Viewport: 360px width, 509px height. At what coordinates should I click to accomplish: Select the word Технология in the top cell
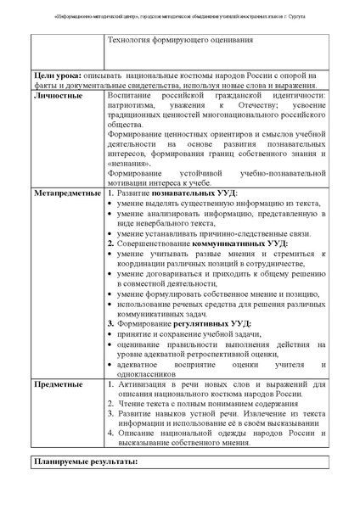coord(131,40)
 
